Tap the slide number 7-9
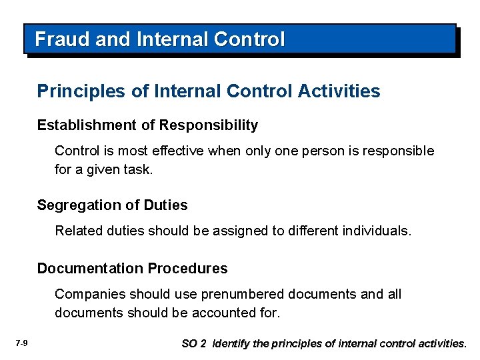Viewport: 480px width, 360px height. pos(21,343)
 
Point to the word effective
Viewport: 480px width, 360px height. pos(177,151)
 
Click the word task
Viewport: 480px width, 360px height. pos(139,169)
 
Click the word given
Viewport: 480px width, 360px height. pos(100,169)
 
